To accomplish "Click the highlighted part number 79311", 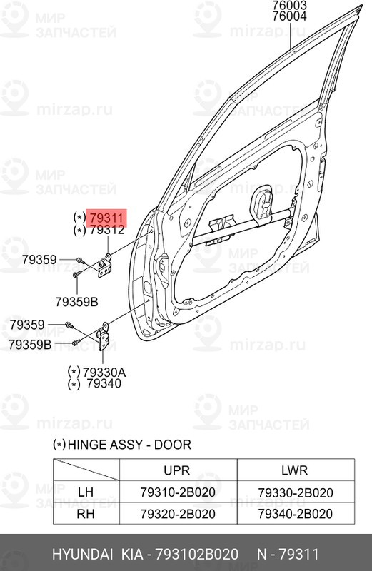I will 106,217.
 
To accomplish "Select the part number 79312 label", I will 106,231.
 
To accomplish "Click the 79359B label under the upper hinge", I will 79,302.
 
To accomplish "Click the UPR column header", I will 178,470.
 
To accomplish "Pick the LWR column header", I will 294,470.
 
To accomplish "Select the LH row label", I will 86,493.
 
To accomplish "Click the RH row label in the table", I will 86,514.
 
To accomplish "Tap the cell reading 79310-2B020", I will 178,493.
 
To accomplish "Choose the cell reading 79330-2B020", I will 294,493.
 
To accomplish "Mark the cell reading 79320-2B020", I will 178,514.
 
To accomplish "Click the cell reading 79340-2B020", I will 294,514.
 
